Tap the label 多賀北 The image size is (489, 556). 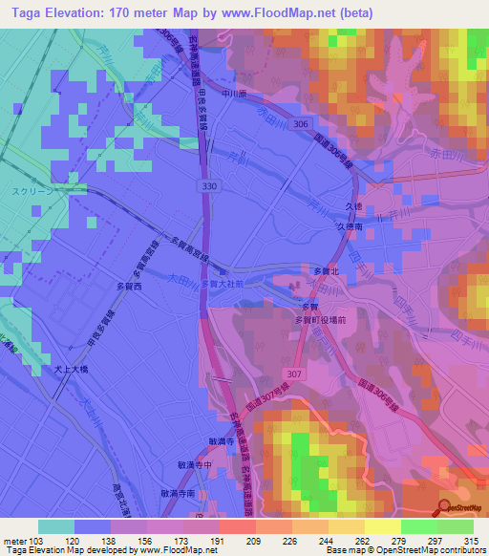coord(327,272)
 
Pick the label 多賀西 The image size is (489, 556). coord(128,286)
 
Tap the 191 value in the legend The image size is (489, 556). coord(218,540)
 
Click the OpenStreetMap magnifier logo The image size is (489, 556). coord(446,505)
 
